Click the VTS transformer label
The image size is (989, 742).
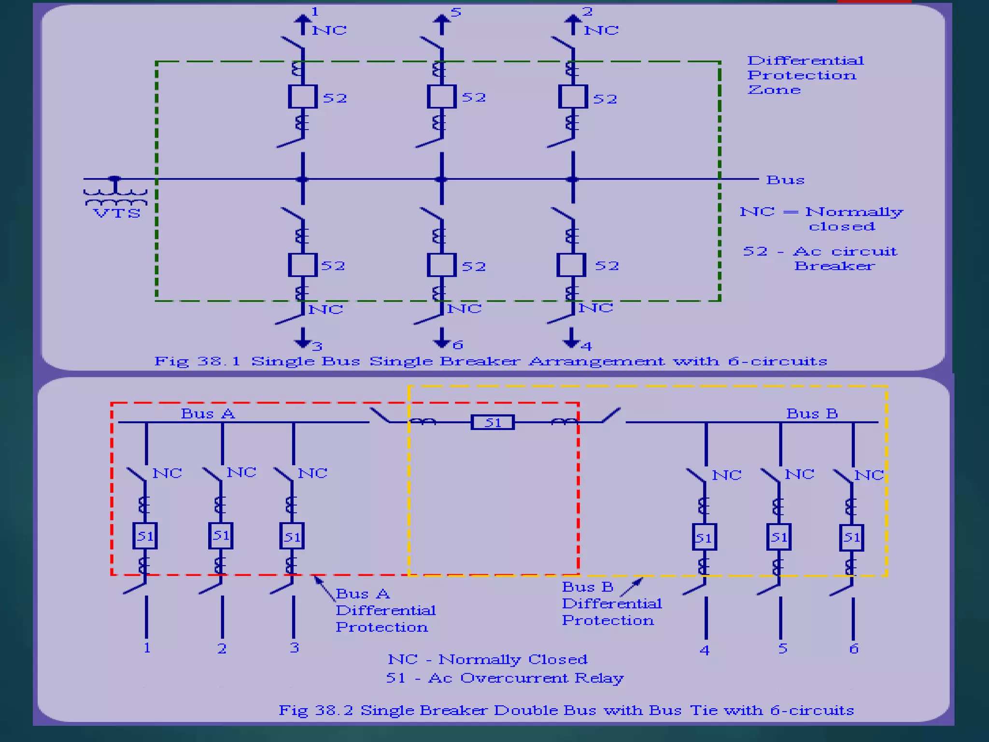[x=117, y=213]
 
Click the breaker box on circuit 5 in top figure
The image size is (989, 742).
[x=441, y=97]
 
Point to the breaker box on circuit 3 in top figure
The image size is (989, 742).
[x=302, y=265]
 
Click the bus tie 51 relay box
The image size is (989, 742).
[x=493, y=423]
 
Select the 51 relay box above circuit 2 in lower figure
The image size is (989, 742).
[x=221, y=536]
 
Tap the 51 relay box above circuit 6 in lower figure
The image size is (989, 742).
[x=851, y=537]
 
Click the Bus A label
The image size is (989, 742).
[x=208, y=414]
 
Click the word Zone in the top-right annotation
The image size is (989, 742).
[x=774, y=90]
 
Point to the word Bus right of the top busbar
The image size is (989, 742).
[x=785, y=180]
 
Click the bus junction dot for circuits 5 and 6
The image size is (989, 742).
[x=441, y=179]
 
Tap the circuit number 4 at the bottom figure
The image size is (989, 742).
[x=705, y=650]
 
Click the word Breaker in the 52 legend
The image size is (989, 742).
[x=834, y=266]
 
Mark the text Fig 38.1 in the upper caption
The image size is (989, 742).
[x=197, y=361]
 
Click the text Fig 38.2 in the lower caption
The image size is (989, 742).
[x=316, y=711]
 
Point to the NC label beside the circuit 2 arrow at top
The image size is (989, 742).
[x=601, y=30]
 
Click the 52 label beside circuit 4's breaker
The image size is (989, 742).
[x=607, y=266]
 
